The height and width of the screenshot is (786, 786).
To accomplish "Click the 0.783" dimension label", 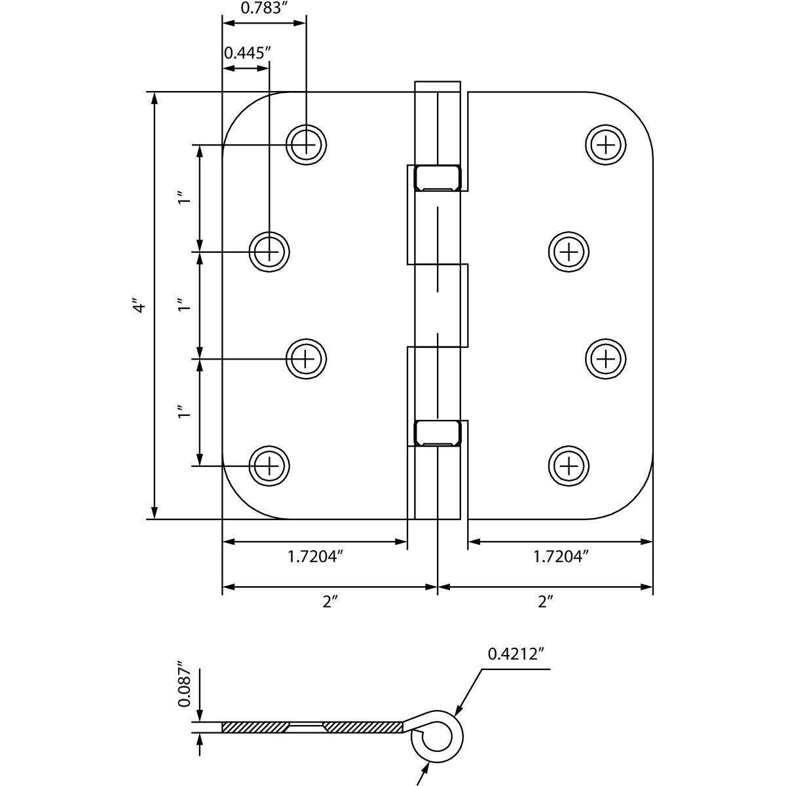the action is (x=261, y=8).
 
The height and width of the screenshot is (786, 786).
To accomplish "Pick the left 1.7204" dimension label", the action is (x=314, y=556).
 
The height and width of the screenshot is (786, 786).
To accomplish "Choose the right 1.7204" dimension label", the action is (x=561, y=556).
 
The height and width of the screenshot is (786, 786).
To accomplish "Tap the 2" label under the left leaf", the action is (x=328, y=602).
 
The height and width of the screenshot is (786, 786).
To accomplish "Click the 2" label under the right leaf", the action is (x=545, y=602).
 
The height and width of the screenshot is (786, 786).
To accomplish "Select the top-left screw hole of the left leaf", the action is (x=307, y=145).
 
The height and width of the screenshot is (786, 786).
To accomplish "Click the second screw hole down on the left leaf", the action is (x=269, y=252).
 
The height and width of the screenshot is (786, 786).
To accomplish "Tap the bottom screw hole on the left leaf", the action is (x=269, y=466).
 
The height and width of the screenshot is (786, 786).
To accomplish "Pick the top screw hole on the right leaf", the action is (x=606, y=145).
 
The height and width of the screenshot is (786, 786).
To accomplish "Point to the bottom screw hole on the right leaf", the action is (x=569, y=466).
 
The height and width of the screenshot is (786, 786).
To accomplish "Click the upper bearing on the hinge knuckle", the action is (x=438, y=178).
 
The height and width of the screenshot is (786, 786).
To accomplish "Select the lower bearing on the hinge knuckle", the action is (x=438, y=433).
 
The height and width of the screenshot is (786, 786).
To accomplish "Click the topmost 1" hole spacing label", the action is (x=185, y=198).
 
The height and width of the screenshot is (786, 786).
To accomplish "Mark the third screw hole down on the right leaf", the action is (x=606, y=359).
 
